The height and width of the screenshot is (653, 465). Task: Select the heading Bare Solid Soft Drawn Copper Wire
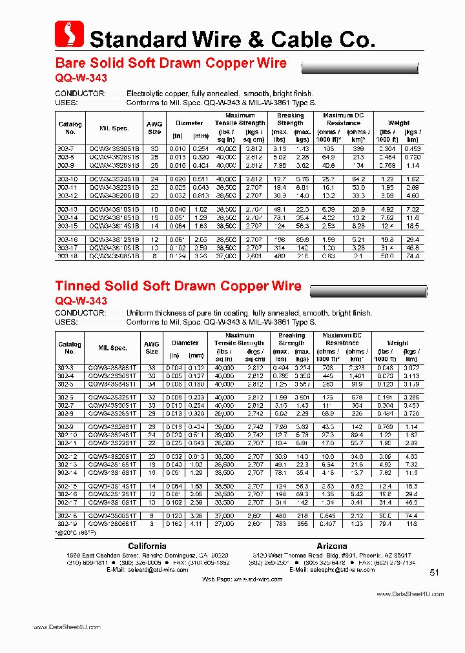(171, 63)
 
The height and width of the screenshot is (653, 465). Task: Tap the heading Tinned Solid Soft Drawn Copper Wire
(178, 286)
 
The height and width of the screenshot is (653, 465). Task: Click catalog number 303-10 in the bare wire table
(67, 179)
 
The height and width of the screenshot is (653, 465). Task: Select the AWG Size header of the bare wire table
(154, 127)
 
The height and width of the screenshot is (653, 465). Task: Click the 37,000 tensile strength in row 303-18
(225, 256)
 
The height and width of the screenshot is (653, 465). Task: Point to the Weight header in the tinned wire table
(398, 343)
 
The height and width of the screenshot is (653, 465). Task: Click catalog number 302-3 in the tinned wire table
(66, 367)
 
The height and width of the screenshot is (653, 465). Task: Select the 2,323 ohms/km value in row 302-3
(358, 367)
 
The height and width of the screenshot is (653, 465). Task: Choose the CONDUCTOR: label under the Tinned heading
(81, 313)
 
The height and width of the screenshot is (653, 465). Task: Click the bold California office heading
(147, 546)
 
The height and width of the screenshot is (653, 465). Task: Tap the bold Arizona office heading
(331, 546)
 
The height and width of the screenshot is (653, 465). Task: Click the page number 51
(434, 572)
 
